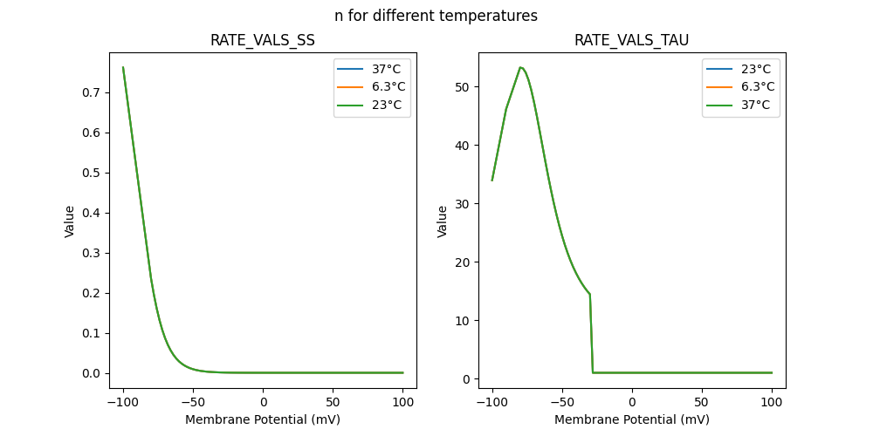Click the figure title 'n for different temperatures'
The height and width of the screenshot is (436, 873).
(436, 16)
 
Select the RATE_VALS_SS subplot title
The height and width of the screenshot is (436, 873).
(262, 40)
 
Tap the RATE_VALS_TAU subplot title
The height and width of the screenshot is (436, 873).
(631, 40)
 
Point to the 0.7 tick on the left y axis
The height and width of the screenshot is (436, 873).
(92, 92)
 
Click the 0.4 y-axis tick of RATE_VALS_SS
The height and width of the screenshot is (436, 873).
(92, 213)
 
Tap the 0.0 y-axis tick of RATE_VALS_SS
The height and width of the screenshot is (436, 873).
(92, 373)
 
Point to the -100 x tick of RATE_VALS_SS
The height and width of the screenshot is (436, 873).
(123, 403)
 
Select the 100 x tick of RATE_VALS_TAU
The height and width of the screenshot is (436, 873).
(772, 403)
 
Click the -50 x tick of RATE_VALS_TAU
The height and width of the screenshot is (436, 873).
(562, 403)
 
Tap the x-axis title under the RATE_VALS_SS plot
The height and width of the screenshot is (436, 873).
(262, 419)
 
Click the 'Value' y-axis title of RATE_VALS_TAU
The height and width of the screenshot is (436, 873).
(442, 221)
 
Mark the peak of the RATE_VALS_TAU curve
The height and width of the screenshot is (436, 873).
(520, 67)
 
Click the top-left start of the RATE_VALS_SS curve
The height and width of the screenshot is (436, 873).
(123, 67)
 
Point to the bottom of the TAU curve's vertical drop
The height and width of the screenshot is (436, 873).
(593, 372)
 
